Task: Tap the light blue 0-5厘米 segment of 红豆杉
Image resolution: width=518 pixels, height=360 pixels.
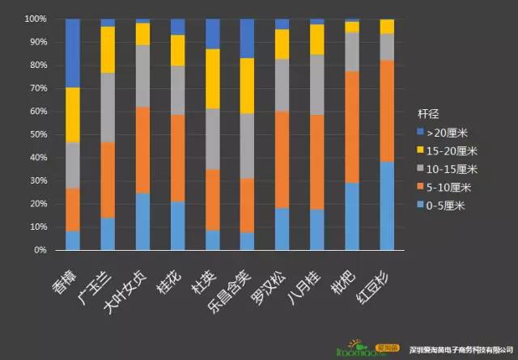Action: tap(388, 205)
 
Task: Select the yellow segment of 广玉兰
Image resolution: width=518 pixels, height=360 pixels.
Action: tap(108, 49)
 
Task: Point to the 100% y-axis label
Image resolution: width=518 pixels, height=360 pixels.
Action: tap(33, 19)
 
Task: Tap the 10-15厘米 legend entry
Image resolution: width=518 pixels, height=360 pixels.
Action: tap(455, 168)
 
